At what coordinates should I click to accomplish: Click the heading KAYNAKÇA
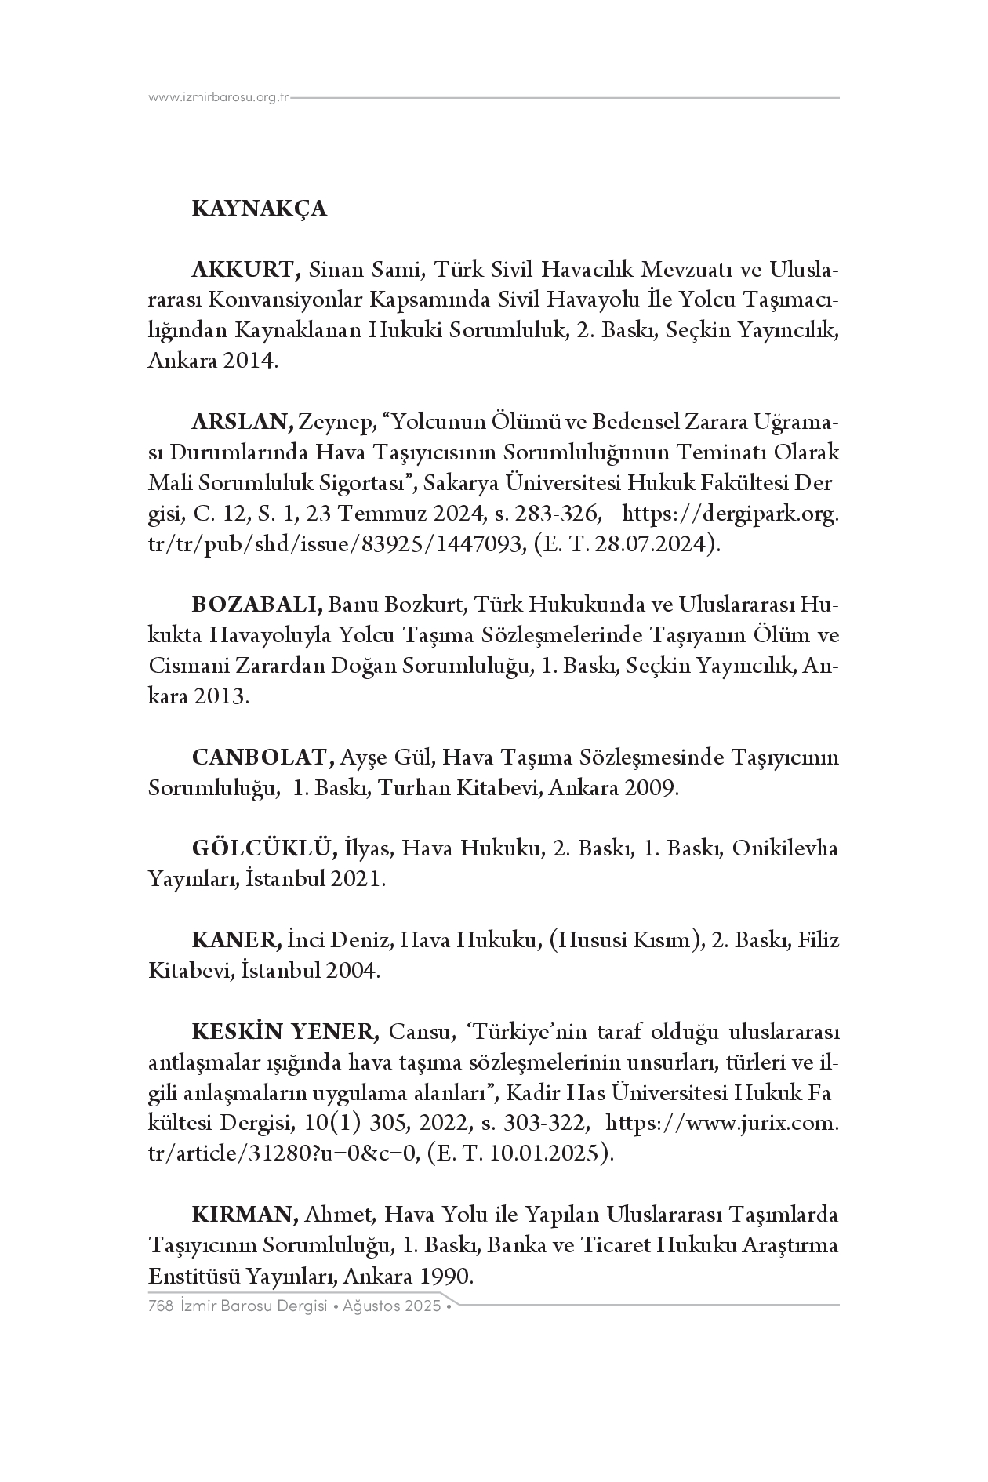pos(259,209)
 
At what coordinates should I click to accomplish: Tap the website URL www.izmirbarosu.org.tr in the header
pos(219,98)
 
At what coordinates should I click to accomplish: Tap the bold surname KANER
pos(236,940)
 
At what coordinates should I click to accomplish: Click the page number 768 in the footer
pos(160,1306)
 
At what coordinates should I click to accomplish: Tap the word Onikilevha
pos(785,848)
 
